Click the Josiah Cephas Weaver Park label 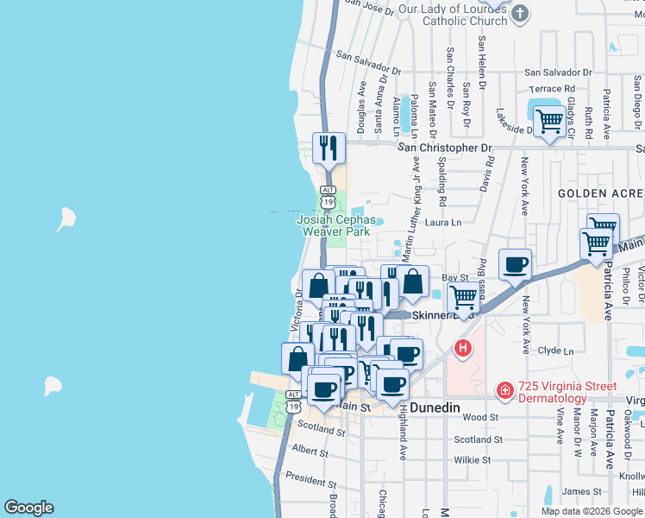coord(333,225)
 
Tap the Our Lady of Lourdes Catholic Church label coord(453,15)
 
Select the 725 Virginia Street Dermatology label coord(567,392)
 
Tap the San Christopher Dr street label coord(444,148)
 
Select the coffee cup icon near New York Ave coord(515,264)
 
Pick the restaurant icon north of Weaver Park coord(329,148)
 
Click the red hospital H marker coord(463,349)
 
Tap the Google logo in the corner coord(28,508)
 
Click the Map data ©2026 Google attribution coord(592,511)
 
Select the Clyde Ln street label coord(555,351)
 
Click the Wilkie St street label coord(472,460)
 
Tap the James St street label coord(576,491)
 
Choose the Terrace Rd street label coord(552,89)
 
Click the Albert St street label coord(310,450)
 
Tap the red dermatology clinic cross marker coord(504,392)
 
